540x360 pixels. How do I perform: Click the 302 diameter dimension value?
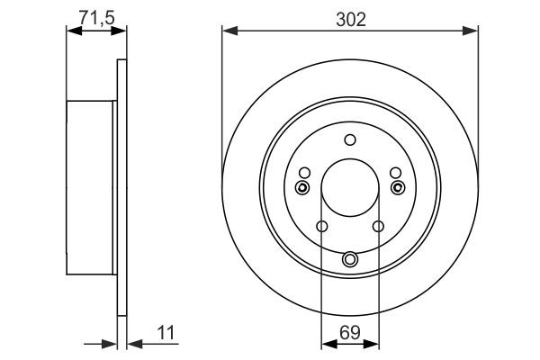349,19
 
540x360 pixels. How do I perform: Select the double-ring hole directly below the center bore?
350,260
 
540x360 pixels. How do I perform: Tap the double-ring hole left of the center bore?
301,187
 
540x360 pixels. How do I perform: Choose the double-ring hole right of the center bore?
399,187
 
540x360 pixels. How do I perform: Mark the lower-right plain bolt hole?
378,226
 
